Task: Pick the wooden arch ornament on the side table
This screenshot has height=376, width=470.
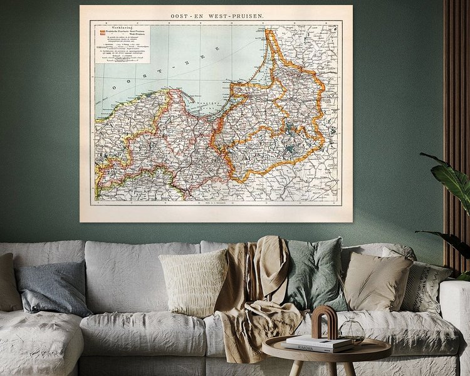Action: point(325,321)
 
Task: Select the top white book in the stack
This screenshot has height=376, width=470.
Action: point(313,339)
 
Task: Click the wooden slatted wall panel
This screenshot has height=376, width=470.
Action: point(457,94)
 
